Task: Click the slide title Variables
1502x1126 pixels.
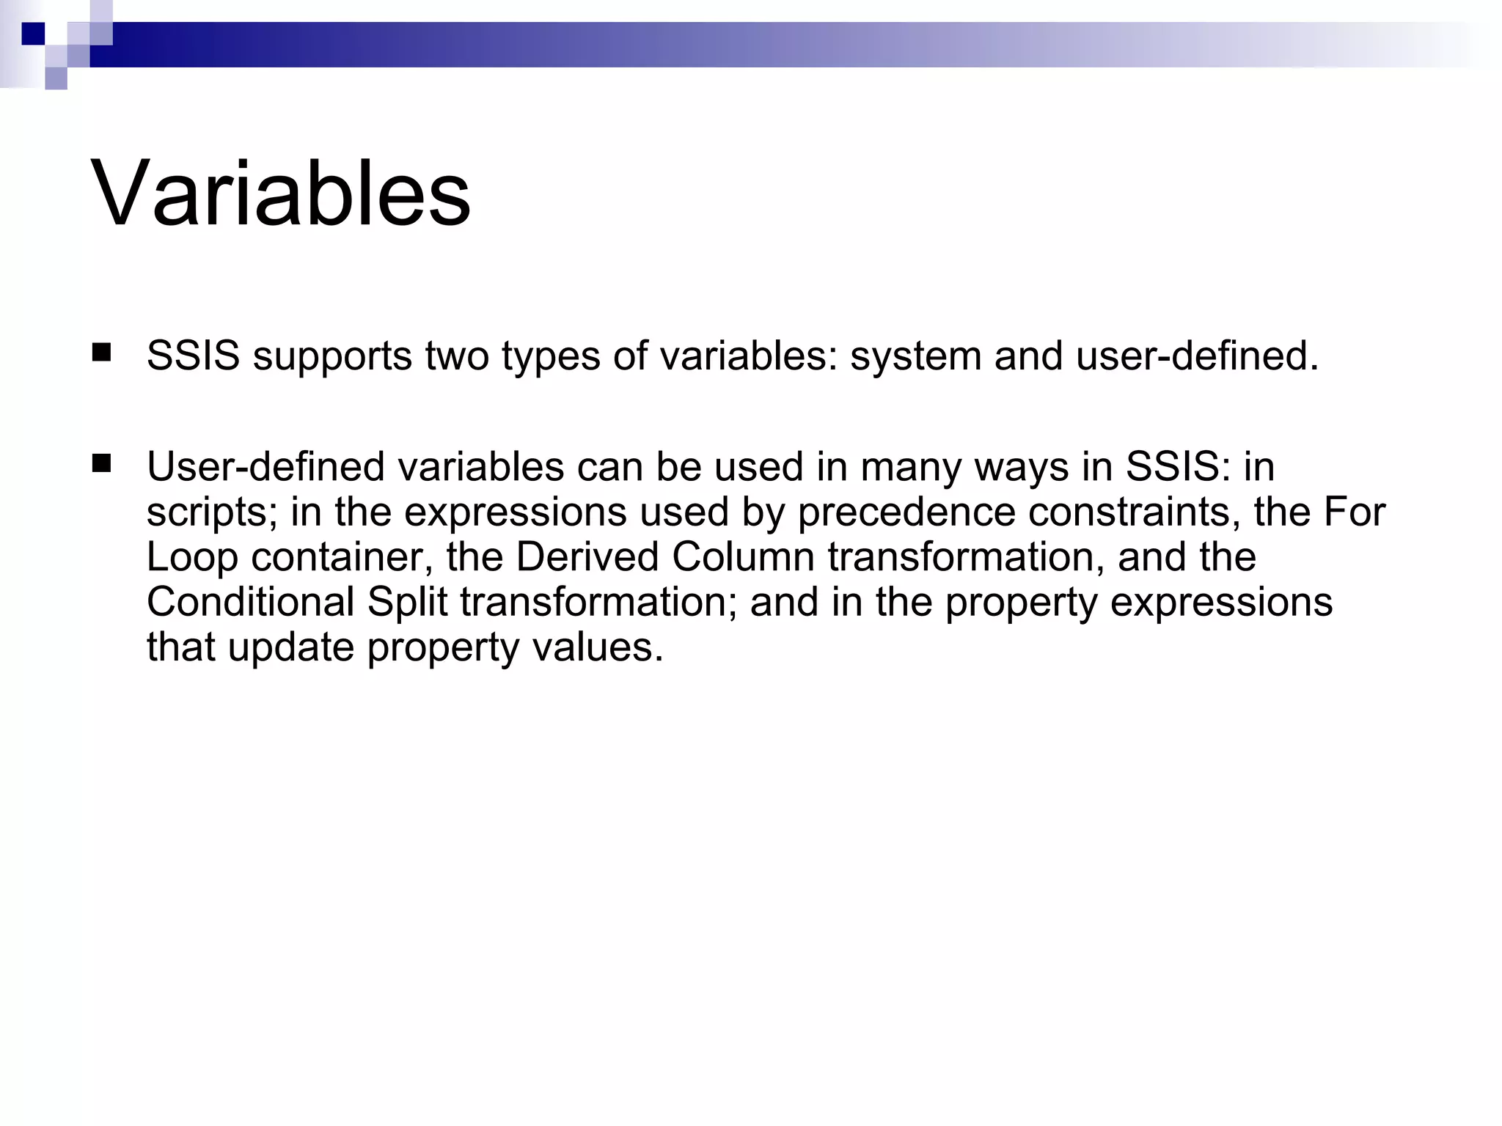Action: click(x=281, y=194)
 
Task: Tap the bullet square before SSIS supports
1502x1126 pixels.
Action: click(x=101, y=354)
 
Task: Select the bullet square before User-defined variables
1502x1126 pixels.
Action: click(x=101, y=464)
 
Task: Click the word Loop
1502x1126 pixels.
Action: click(x=192, y=557)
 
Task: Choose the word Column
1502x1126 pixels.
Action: click(x=743, y=557)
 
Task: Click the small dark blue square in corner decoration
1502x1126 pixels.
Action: click(x=33, y=34)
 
